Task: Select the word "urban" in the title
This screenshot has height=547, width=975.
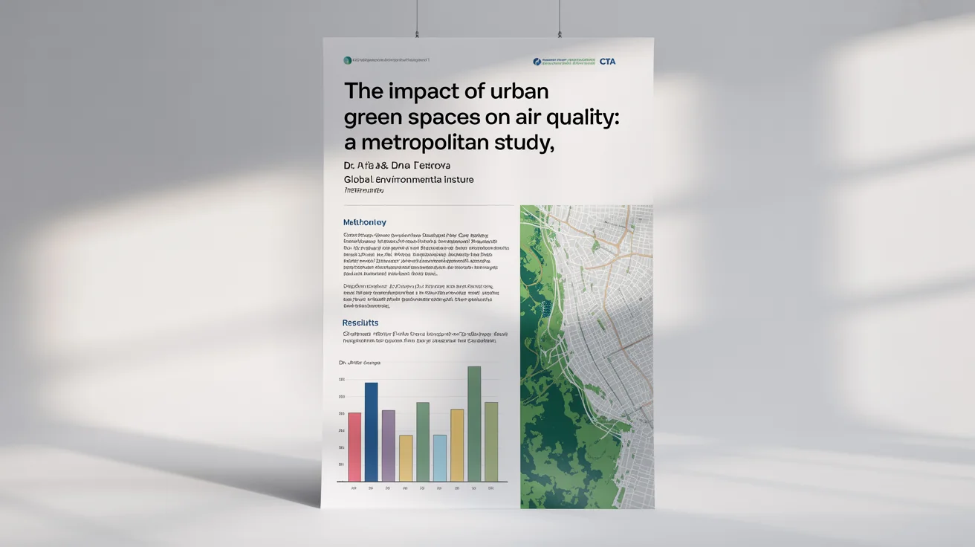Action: click(x=519, y=92)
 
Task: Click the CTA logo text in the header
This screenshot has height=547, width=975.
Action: click(x=607, y=62)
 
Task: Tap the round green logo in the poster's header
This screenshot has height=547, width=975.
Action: click(x=347, y=60)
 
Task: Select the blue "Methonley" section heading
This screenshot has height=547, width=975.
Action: click(x=364, y=222)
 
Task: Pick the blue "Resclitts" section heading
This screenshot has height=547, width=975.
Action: click(x=360, y=323)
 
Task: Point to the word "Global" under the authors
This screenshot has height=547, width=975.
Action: click(x=358, y=180)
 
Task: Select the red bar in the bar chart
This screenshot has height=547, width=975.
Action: click(x=354, y=447)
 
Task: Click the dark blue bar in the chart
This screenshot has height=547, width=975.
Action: click(x=372, y=432)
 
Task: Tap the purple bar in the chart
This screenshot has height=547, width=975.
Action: click(x=389, y=445)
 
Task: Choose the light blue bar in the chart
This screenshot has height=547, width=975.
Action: click(x=440, y=458)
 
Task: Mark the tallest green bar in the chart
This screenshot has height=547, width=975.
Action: click(x=474, y=424)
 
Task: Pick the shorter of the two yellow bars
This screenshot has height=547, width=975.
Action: click(x=406, y=458)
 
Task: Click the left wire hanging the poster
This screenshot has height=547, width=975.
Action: click(x=418, y=18)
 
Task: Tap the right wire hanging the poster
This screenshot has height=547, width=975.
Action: click(x=560, y=18)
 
